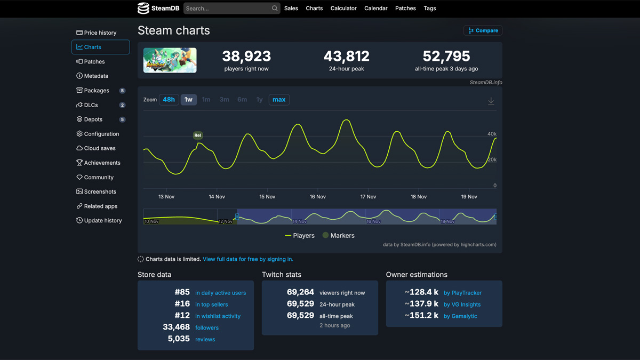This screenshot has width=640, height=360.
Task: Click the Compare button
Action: point(483,30)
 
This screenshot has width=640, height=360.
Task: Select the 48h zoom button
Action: point(169,100)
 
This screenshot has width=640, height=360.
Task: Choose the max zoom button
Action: point(279,100)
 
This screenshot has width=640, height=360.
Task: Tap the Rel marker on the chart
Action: point(198,135)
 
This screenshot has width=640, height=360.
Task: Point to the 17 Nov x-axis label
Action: point(368,197)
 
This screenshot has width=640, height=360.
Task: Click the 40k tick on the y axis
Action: point(492,134)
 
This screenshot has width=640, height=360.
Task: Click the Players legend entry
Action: point(300,235)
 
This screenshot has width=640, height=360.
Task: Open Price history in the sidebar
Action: point(100,33)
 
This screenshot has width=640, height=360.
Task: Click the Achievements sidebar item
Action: point(102,163)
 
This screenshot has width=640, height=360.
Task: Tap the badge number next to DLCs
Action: point(122,105)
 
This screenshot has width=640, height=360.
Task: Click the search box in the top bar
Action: point(227,9)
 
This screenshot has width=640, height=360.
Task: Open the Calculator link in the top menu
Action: point(343,9)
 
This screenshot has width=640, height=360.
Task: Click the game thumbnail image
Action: point(170,60)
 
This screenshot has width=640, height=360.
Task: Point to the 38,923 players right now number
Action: point(246,56)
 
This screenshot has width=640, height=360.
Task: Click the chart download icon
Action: point(491,101)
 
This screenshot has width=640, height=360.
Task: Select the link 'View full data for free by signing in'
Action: point(248,259)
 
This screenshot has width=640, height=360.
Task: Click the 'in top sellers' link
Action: point(211,305)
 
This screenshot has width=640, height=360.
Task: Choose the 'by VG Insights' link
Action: point(462,305)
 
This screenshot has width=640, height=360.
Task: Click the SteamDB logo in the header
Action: point(158,9)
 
